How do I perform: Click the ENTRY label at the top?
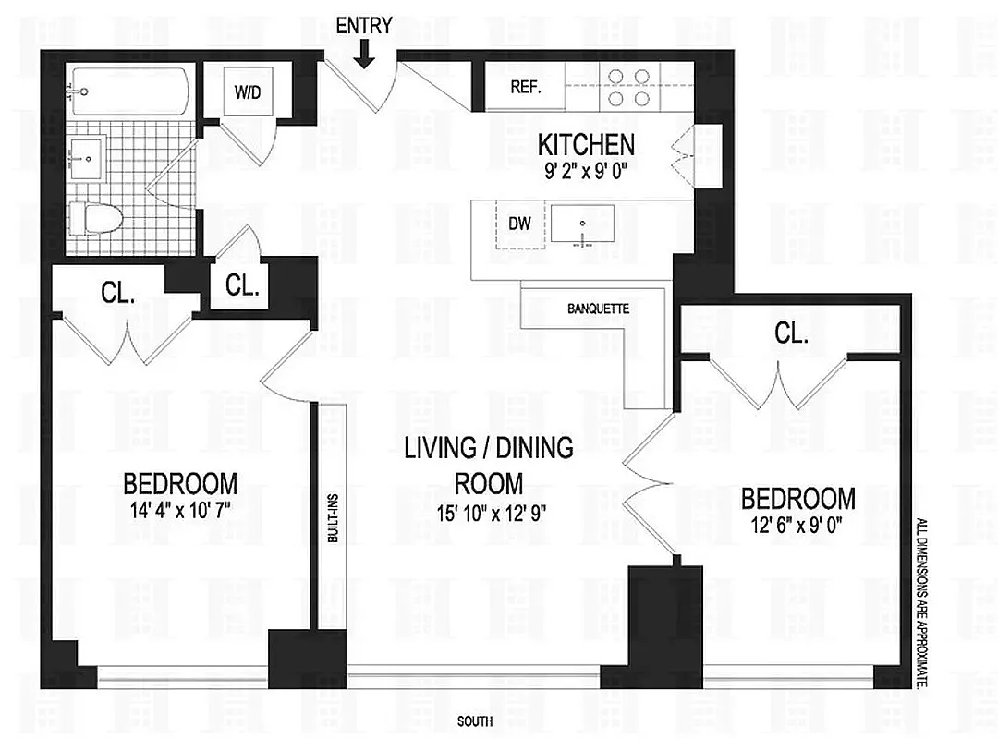(x=364, y=26)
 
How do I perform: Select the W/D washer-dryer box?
(x=247, y=91)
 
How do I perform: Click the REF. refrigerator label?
(x=525, y=90)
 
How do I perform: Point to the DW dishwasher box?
(x=518, y=223)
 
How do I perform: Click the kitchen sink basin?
(x=583, y=224)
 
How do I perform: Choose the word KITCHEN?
(x=586, y=145)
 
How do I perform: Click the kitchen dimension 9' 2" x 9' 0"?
(x=586, y=170)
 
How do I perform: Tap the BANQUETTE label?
(x=598, y=309)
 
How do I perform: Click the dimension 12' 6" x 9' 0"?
(x=798, y=524)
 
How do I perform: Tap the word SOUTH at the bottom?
(x=475, y=721)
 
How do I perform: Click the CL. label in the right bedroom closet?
(x=791, y=334)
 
